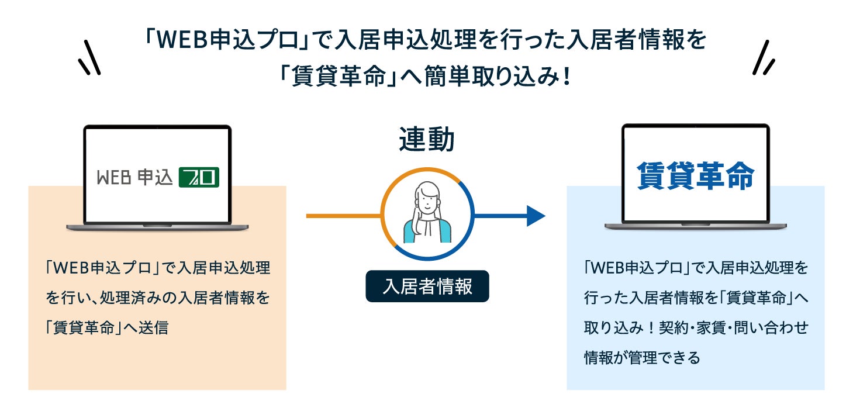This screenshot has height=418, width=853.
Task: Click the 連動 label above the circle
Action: [427, 140]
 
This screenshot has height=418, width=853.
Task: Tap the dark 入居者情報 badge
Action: [427, 286]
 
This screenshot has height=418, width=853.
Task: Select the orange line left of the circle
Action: [343, 216]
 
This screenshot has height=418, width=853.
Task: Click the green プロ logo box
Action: [199, 177]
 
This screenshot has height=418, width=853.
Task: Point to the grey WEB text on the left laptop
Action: [113, 177]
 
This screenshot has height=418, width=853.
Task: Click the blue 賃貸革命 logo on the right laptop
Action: [695, 176]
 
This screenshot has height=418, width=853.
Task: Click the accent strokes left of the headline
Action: [89, 58]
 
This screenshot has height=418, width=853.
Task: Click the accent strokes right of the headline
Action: [764, 58]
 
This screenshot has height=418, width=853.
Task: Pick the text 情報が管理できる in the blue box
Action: [642, 357]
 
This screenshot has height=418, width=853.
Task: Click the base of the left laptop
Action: [157, 226]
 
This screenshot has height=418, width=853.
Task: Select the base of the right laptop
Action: [695, 226]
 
